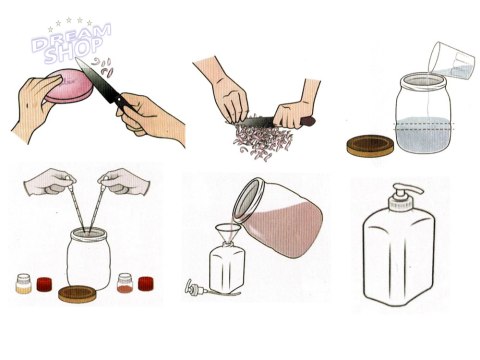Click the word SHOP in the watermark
73,51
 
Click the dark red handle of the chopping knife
307,121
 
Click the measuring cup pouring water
451,61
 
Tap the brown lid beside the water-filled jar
370,145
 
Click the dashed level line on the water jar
424,126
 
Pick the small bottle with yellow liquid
23,283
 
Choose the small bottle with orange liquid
125,283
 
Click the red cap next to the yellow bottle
45,284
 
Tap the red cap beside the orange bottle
145,284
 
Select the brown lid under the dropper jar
78,294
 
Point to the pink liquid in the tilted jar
286,230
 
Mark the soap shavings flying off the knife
103,66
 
